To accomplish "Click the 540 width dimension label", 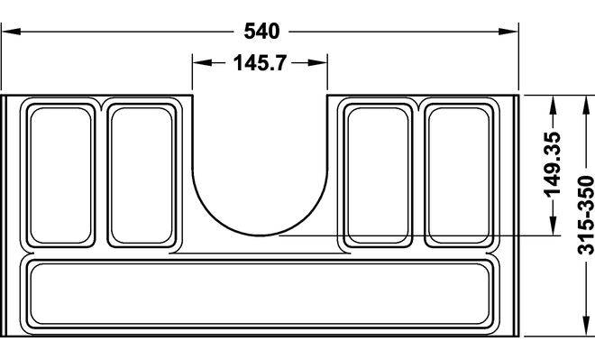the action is click(x=261, y=32).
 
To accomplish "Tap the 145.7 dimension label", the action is click(x=260, y=62).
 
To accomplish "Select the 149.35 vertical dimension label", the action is click(x=553, y=164).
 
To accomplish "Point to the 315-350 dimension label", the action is click(x=585, y=216).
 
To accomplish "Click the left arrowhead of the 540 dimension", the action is click(x=11, y=32).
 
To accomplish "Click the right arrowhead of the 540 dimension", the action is click(x=508, y=32).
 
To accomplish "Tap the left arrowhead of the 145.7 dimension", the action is click(x=202, y=62).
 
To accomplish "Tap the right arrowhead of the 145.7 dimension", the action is click(x=317, y=62).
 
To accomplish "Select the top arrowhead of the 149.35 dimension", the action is click(x=553, y=106).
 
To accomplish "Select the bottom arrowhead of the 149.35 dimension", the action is click(x=553, y=226).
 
